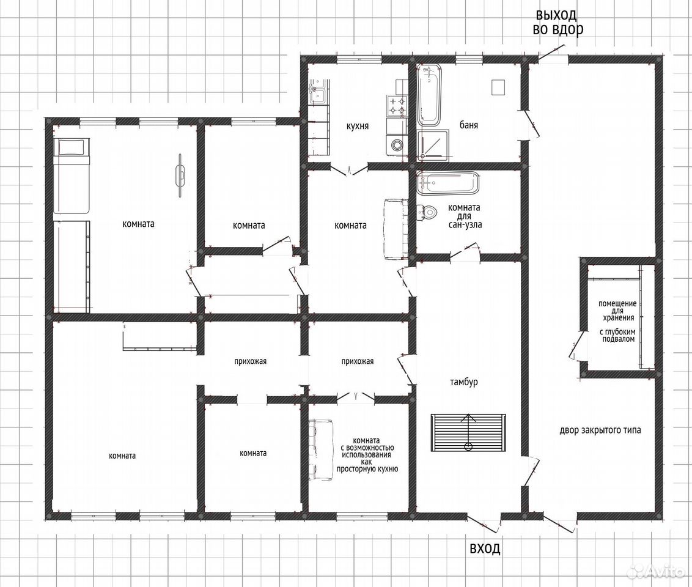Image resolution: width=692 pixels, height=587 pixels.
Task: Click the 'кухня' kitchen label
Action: [357, 126]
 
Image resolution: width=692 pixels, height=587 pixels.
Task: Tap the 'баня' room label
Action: [468, 125]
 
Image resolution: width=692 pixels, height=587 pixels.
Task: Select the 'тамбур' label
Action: [464, 382]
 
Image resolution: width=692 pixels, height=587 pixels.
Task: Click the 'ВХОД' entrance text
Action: [485, 548]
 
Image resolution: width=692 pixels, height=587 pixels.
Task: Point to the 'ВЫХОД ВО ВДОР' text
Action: [558, 21]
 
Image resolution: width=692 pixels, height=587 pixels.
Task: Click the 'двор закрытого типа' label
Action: [600, 430]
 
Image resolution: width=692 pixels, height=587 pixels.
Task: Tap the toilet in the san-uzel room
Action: [427, 212]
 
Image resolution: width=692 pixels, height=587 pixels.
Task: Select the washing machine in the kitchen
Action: [396, 144]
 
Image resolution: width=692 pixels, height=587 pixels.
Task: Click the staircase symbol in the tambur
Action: [468, 432]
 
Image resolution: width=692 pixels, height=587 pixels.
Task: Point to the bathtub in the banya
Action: [429, 94]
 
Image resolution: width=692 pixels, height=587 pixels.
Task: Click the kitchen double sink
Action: [318, 92]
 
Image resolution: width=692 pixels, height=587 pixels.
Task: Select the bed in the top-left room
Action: [72, 176]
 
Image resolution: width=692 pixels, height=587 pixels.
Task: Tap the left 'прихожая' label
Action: [250, 361]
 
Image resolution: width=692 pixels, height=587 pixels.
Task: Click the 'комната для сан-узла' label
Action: [464, 216]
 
